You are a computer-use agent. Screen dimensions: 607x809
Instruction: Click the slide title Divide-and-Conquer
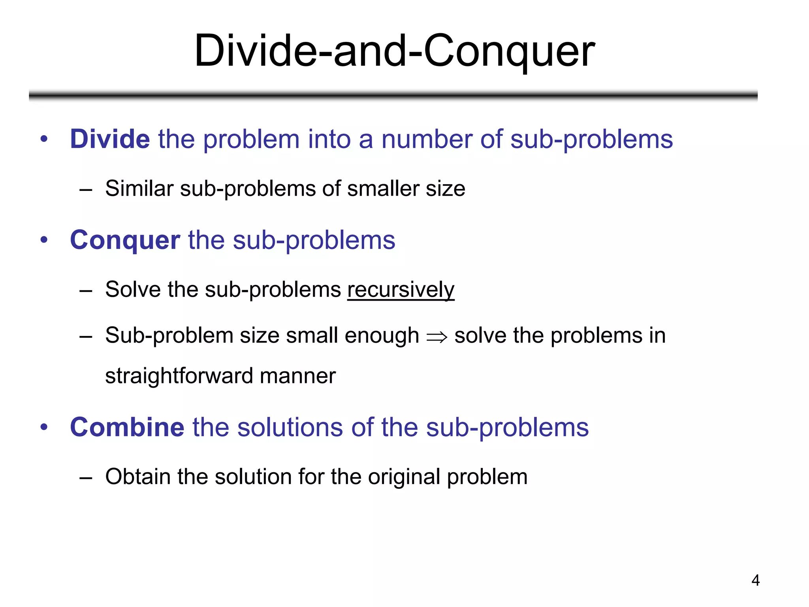point(394,51)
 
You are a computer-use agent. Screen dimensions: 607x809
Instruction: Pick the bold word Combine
point(127,427)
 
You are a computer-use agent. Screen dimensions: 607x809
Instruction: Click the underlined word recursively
point(401,290)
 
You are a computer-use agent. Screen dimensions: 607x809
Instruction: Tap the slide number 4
point(755,580)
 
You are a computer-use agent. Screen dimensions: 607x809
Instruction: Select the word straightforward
point(179,376)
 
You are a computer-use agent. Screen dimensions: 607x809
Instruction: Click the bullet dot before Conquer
point(44,240)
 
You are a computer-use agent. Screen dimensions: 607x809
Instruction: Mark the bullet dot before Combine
point(44,427)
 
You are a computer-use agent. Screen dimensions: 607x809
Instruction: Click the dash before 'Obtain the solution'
point(85,477)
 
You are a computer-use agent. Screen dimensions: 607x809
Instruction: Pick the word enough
point(382,336)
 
